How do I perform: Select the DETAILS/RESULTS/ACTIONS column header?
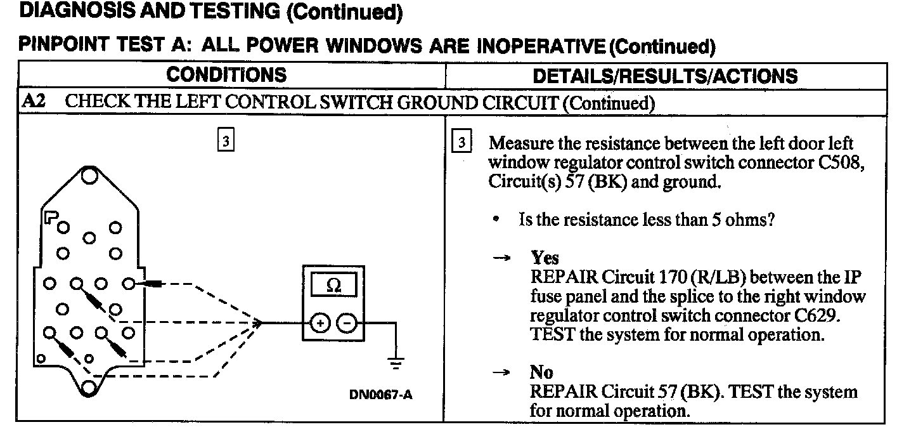tap(665, 76)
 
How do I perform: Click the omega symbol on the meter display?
tap(332, 286)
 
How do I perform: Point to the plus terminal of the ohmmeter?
tap(319, 324)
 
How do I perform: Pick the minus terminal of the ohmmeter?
tap(347, 324)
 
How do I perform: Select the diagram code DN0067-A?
tap(380, 395)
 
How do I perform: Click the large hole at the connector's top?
tap(89, 175)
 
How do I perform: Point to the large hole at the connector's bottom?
tap(89, 387)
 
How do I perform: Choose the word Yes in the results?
tap(545, 258)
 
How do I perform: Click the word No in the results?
tap(541, 372)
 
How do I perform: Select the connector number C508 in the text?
tap(837, 162)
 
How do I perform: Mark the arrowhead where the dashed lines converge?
tap(258, 323)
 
